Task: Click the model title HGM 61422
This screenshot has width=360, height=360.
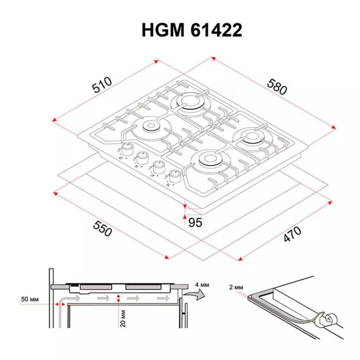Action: pyautogui.click(x=192, y=31)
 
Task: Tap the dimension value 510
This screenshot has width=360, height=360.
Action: pyautogui.click(x=102, y=85)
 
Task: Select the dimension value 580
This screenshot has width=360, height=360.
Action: pyautogui.click(x=277, y=86)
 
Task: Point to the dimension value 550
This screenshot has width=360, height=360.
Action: pyautogui.click(x=102, y=229)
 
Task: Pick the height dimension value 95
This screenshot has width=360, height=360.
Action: pyautogui.click(x=195, y=222)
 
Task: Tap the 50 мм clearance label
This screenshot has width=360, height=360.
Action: pyautogui.click(x=30, y=300)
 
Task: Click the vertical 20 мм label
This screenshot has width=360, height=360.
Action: pyautogui.click(x=123, y=319)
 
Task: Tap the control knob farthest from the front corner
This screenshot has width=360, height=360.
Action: pyautogui.click(x=127, y=149)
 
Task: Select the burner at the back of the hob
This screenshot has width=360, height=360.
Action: pyautogui.click(x=190, y=102)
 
